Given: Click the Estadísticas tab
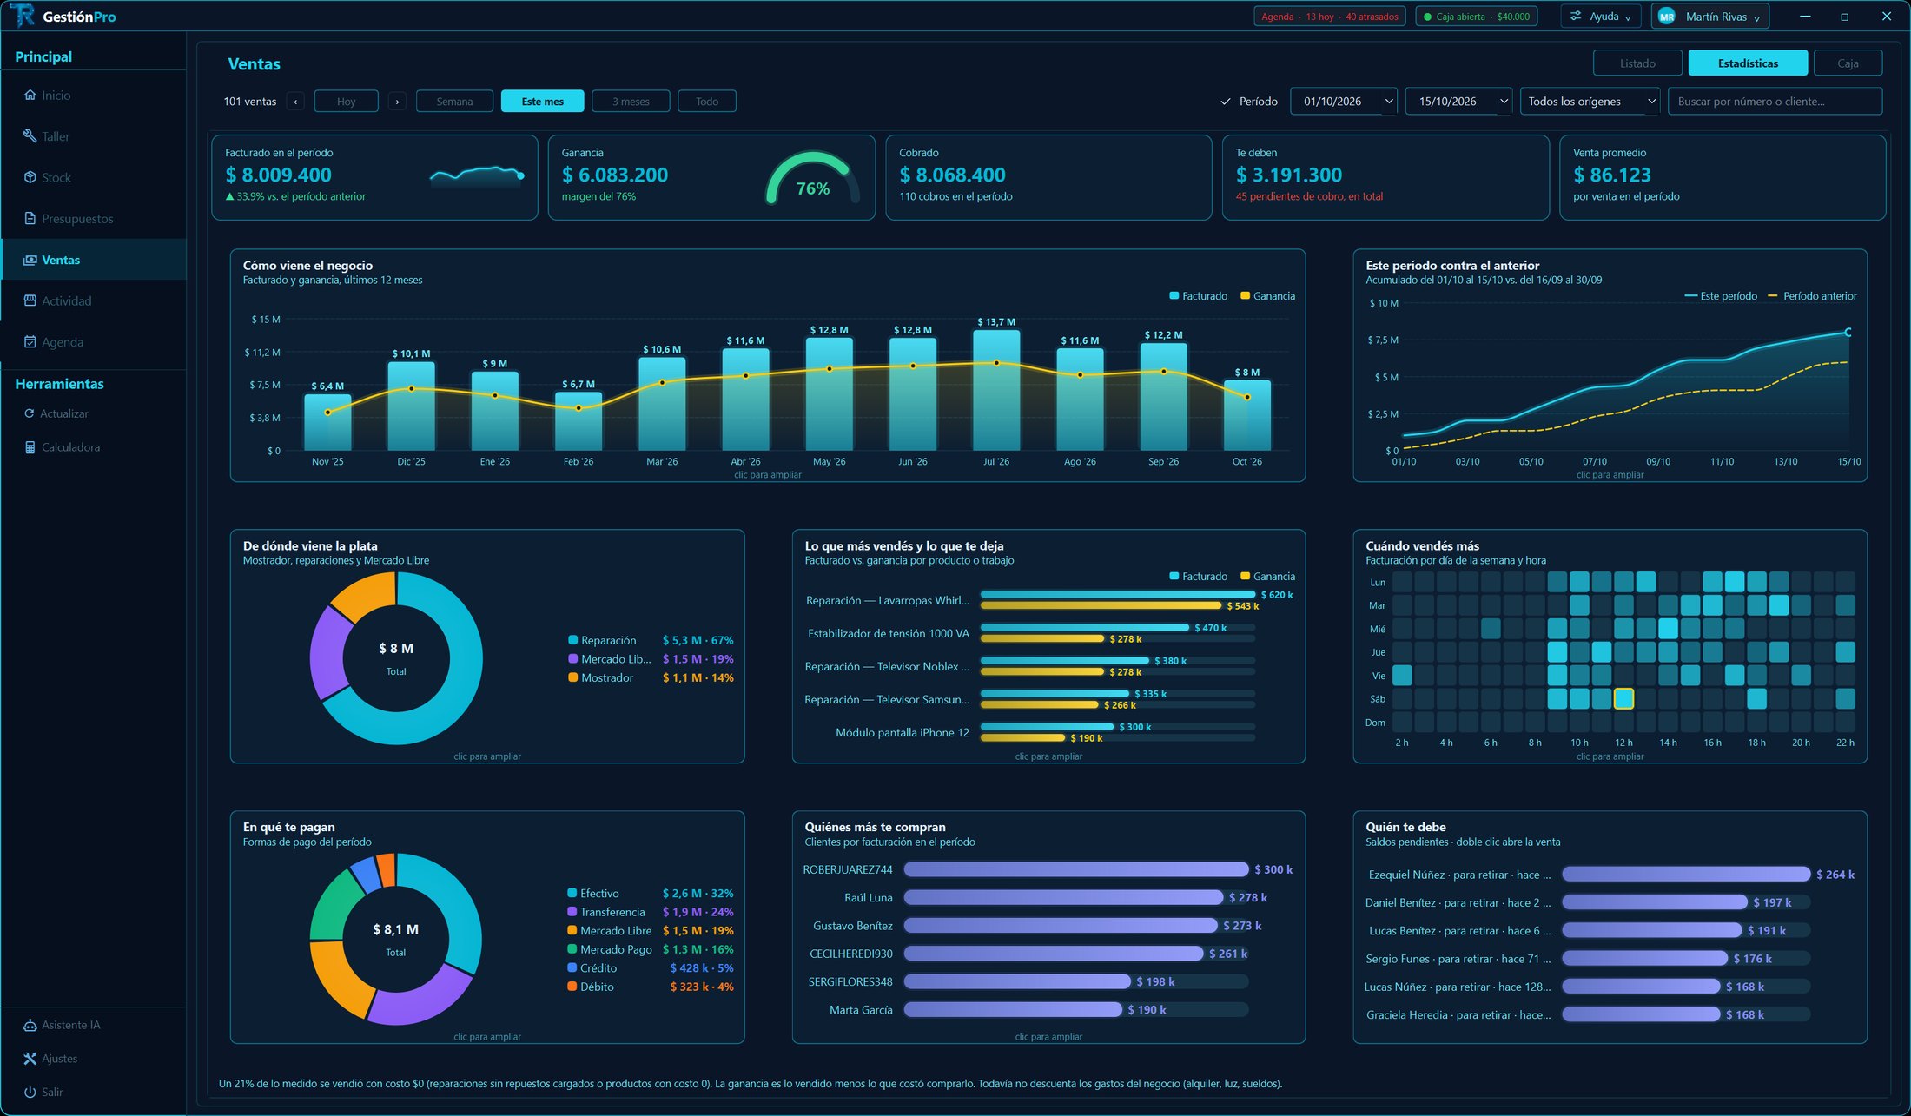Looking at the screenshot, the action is coord(1748,63).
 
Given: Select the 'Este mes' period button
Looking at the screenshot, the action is coord(542,102).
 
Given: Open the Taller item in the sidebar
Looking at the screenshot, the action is coord(56,136).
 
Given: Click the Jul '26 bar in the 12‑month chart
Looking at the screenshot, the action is coord(996,389).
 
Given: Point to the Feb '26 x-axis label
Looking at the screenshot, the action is coord(579,461).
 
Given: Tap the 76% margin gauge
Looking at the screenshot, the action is coord(813,178).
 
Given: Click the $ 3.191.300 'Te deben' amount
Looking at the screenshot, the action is coord(1288,175).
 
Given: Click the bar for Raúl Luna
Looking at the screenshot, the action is coord(1063,897).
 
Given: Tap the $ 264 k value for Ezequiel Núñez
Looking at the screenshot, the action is coord(1835,875).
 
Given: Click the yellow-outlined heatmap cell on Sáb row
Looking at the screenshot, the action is coord(1623,698).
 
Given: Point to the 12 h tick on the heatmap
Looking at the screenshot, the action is coord(1623,743).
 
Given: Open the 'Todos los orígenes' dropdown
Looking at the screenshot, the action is coord(1590,102).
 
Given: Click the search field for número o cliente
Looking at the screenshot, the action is coord(1775,102).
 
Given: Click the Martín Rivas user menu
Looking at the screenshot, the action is coord(1710,17).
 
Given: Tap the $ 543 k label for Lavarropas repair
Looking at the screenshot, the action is coord(1242,606).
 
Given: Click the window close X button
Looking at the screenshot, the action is coord(1886,17).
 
